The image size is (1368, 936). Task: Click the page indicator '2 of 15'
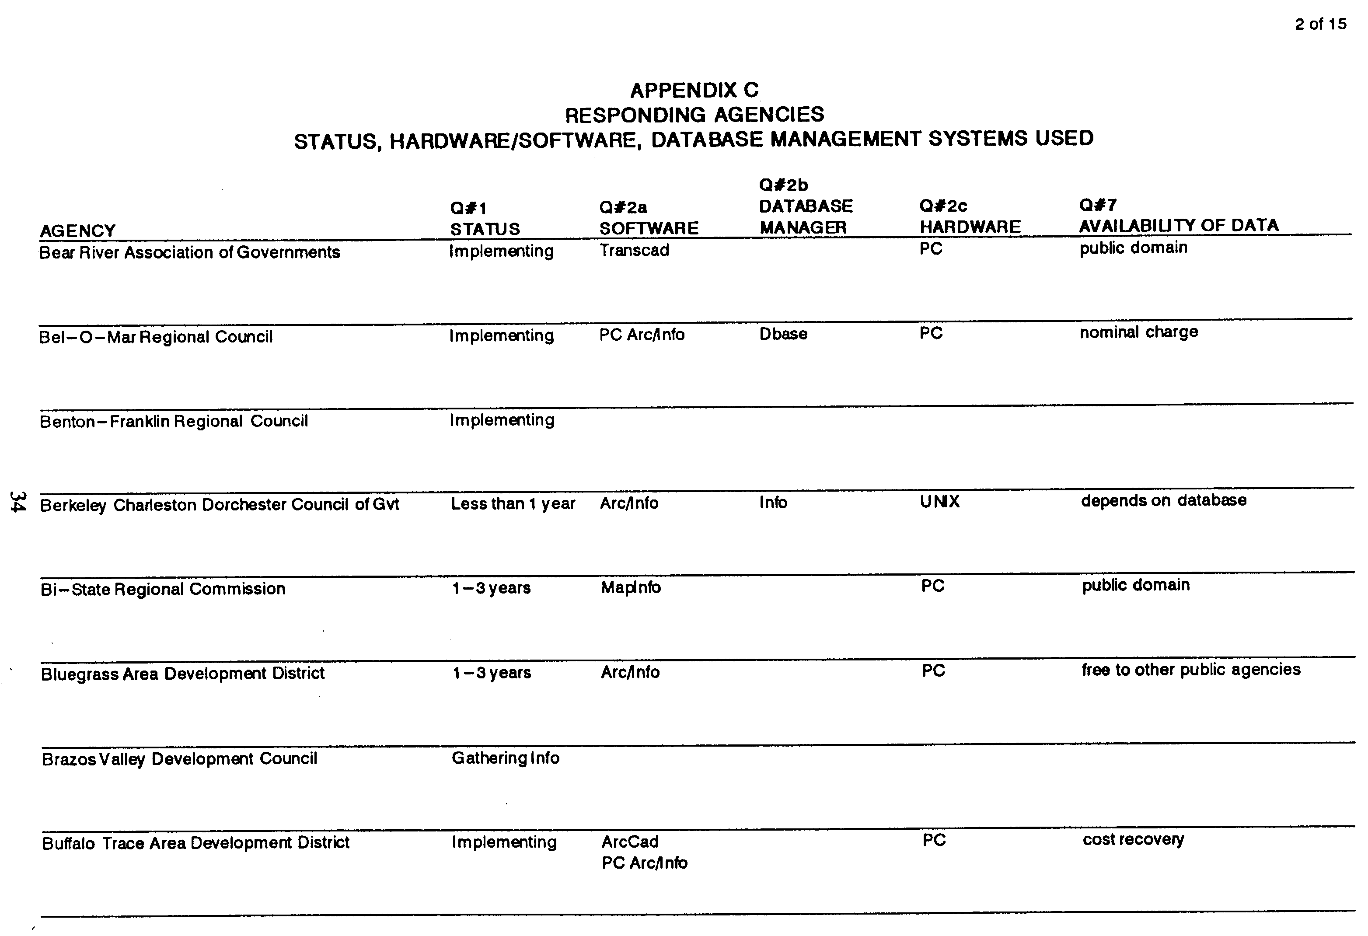tap(1320, 24)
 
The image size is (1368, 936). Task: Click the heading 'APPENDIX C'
tap(694, 90)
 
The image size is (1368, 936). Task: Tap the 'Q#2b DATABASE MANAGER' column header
tap(805, 206)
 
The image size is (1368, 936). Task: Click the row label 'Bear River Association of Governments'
tap(189, 252)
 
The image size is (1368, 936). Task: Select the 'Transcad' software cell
tap(634, 250)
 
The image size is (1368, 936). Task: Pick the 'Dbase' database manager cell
tap(783, 334)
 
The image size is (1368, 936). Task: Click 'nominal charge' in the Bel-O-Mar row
tap(1138, 332)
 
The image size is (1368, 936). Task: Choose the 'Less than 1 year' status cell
tap(513, 504)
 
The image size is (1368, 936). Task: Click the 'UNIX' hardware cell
tap(939, 502)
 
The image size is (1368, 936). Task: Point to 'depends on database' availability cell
tap(1163, 500)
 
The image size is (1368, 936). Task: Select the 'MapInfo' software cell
tap(631, 587)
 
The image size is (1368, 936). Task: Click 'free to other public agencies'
tap(1191, 670)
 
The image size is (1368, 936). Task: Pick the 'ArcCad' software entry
tap(630, 842)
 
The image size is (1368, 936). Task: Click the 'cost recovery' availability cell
tap(1133, 839)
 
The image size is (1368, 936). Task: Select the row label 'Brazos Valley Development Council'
tap(180, 759)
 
